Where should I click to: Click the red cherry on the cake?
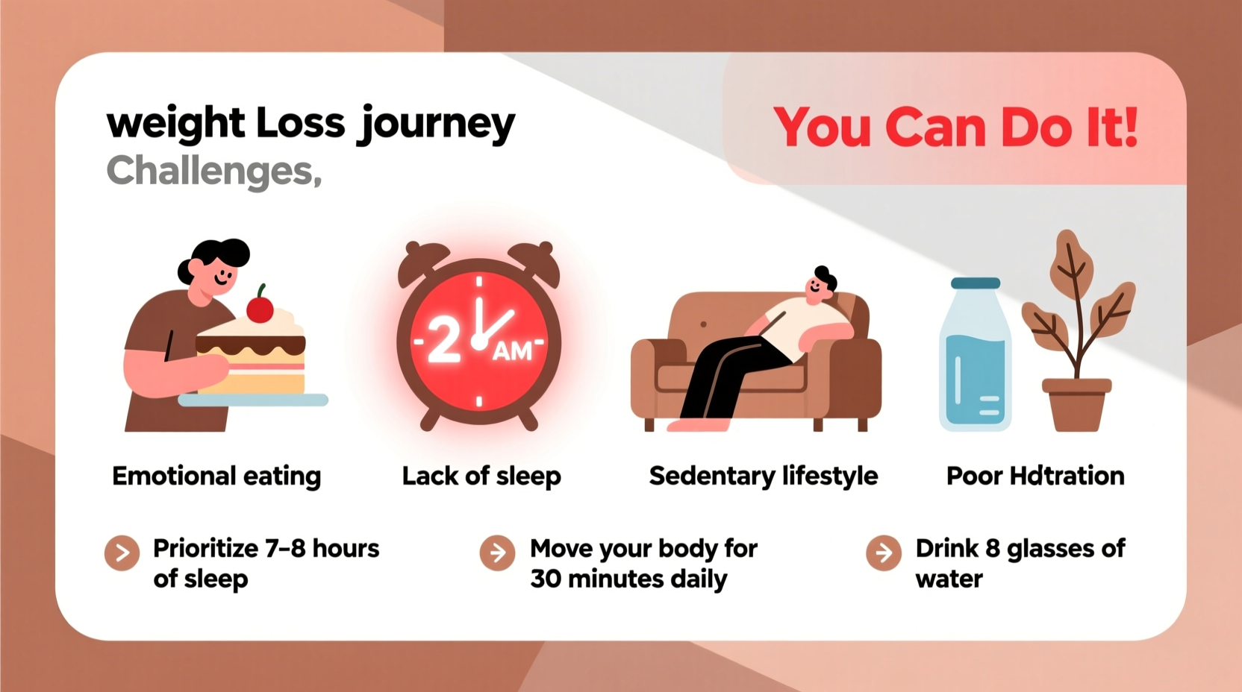tap(260, 309)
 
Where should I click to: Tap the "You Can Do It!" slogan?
tap(955, 128)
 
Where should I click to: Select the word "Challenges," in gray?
tap(213, 171)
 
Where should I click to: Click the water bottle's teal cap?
tap(975, 283)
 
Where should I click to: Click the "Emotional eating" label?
tap(216, 476)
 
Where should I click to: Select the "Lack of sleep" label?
tap(481, 476)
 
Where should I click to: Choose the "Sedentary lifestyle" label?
tap(763, 476)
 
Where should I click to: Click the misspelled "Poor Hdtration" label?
tap(1035, 476)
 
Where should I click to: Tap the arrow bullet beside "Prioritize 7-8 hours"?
tap(122, 553)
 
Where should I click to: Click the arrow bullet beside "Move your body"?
tap(498, 553)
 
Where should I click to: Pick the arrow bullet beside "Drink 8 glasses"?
tap(884, 553)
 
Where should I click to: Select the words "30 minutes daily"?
tap(628, 579)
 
